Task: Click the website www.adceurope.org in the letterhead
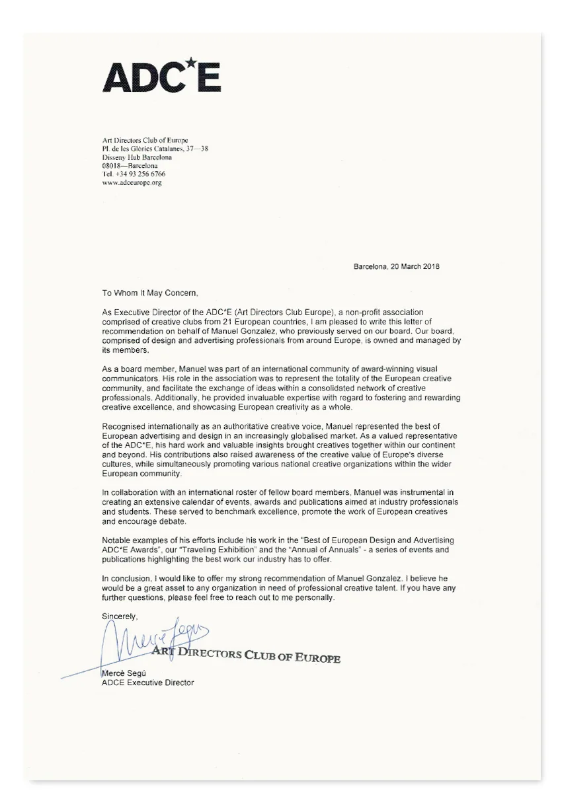(132, 182)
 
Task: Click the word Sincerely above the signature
(119, 616)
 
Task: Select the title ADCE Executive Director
(147, 683)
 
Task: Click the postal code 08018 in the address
(112, 165)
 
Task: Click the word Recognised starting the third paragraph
(125, 427)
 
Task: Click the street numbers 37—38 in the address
(196, 149)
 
